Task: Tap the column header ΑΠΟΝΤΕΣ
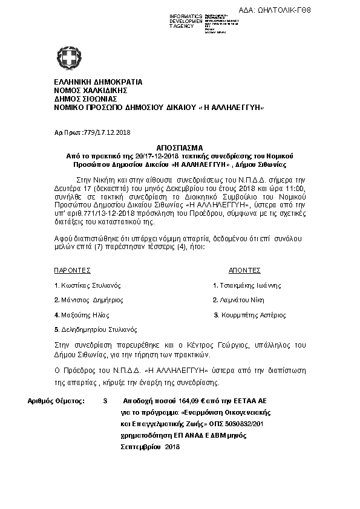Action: click(245, 270)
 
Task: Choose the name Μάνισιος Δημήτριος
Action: click(91, 300)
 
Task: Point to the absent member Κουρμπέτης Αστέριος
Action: click(252, 315)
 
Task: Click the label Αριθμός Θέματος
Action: click(56, 401)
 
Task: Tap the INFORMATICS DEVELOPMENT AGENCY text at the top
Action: click(186, 21)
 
